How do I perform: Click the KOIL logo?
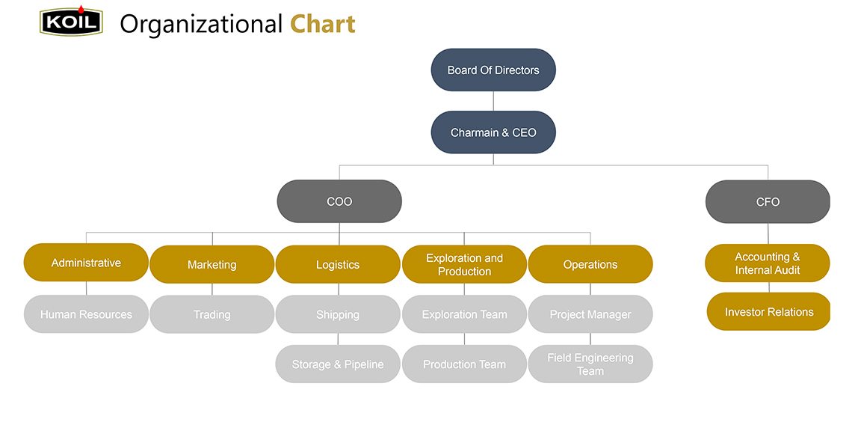[71, 21]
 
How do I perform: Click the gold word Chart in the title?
[323, 25]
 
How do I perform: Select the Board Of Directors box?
[493, 70]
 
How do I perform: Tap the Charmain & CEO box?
[493, 132]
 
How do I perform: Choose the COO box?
[339, 201]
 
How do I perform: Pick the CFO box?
[768, 202]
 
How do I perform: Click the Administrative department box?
[86, 263]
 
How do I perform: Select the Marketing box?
[212, 264]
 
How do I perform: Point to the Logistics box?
[338, 264]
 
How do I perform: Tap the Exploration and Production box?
[465, 264]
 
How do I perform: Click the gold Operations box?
[590, 264]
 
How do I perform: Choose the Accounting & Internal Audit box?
[768, 263]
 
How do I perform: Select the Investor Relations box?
[769, 311]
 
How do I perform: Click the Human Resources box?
[86, 314]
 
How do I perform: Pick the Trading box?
[212, 314]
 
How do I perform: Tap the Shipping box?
[338, 314]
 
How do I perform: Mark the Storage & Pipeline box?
[338, 364]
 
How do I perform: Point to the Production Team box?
[465, 364]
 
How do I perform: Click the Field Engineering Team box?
[590, 364]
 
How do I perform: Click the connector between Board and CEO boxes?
[493, 101]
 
